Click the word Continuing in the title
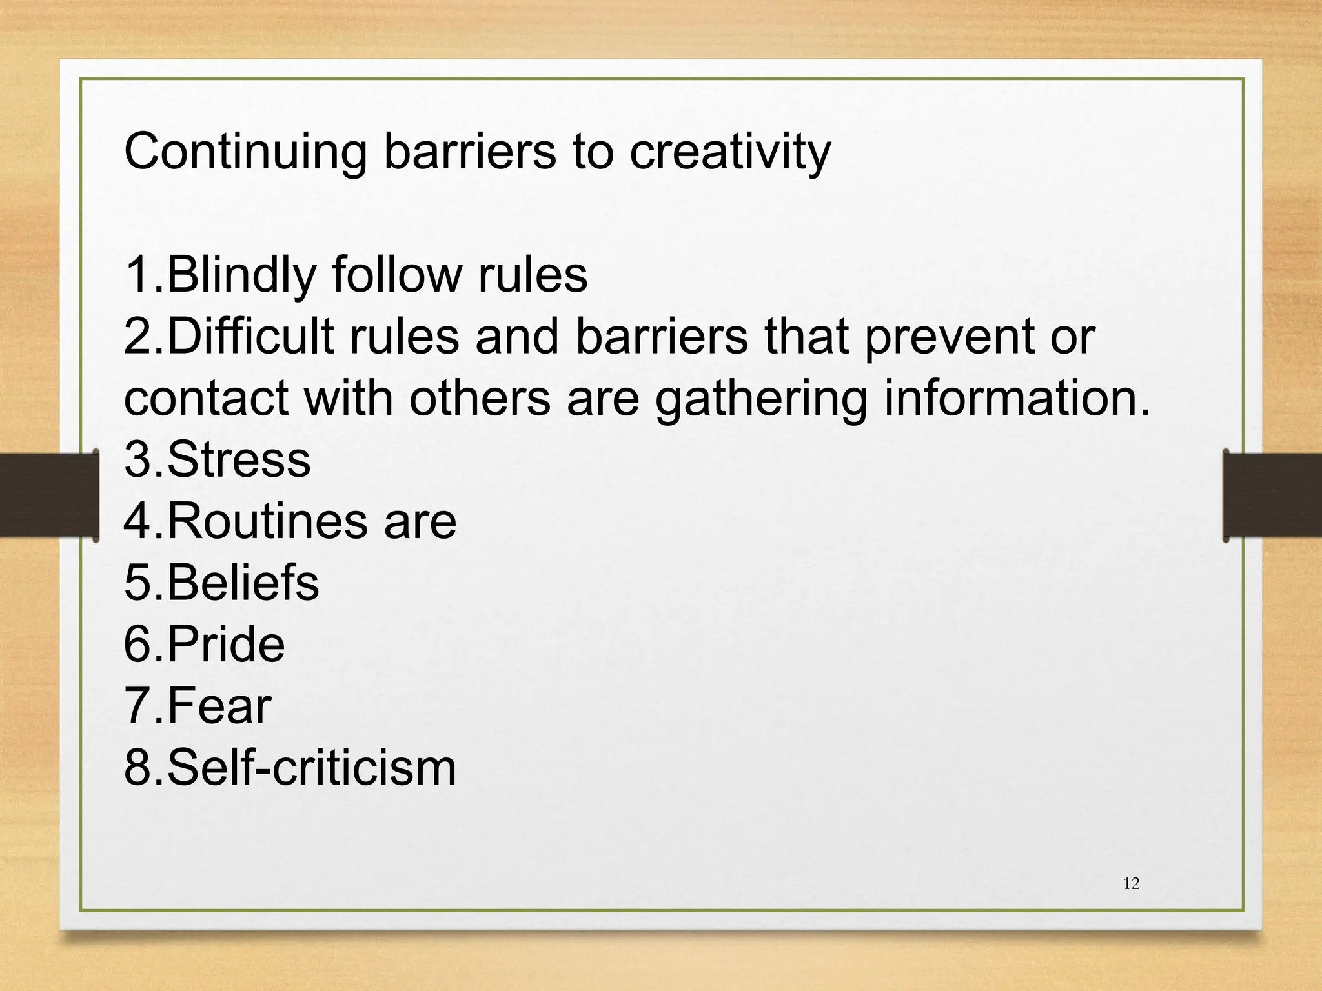click(245, 153)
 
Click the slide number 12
click(1132, 884)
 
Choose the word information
click(1017, 397)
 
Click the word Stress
click(239, 460)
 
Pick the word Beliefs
click(243, 583)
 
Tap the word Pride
click(226, 645)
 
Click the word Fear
click(219, 706)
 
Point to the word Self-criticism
click(311, 768)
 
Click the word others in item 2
click(480, 397)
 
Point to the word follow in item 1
click(397, 275)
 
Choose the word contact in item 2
click(206, 399)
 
